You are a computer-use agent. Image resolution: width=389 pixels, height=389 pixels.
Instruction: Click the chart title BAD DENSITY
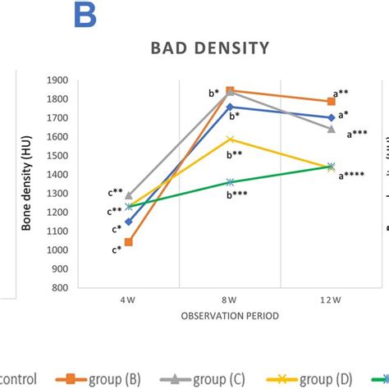209,48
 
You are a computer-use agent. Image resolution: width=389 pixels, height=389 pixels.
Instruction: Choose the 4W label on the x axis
129,300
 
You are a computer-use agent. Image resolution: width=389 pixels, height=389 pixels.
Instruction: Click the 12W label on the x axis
331,300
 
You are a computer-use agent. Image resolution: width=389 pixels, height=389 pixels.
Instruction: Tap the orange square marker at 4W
129,242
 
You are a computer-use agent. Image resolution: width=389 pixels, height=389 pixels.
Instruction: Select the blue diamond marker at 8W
230,107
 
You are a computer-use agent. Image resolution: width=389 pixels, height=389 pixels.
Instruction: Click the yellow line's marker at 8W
230,140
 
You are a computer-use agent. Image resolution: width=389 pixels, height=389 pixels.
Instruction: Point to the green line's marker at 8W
230,182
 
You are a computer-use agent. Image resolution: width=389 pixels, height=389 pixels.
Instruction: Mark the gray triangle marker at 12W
331,129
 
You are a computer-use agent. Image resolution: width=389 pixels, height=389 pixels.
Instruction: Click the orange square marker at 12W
331,101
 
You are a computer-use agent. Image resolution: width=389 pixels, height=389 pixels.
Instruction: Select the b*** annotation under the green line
239,194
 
